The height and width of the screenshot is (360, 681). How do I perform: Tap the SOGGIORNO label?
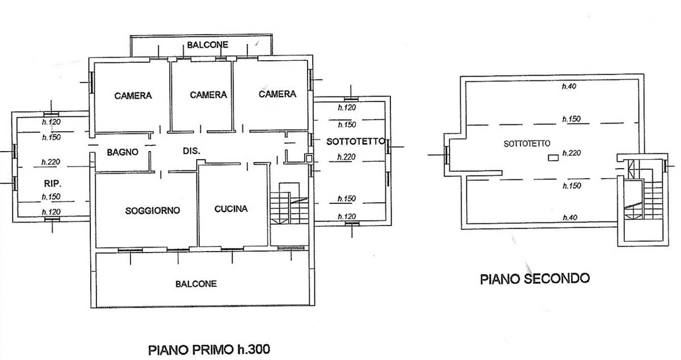[x=152, y=211]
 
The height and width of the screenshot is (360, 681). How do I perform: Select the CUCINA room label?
[x=231, y=209]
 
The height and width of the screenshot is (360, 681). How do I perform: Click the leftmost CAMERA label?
[x=133, y=95]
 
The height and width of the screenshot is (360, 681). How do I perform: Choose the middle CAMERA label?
[x=208, y=95]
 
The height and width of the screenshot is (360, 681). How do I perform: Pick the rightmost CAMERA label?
[x=278, y=94]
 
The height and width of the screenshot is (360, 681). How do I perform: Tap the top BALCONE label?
[x=208, y=45]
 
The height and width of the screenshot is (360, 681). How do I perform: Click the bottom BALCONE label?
[x=196, y=284]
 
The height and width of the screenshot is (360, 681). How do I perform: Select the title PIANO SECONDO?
[x=535, y=279]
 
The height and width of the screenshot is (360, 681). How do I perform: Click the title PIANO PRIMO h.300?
[x=215, y=348]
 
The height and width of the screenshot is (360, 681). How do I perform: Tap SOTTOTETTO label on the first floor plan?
[x=356, y=141]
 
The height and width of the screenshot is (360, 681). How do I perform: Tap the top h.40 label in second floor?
[x=569, y=87]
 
